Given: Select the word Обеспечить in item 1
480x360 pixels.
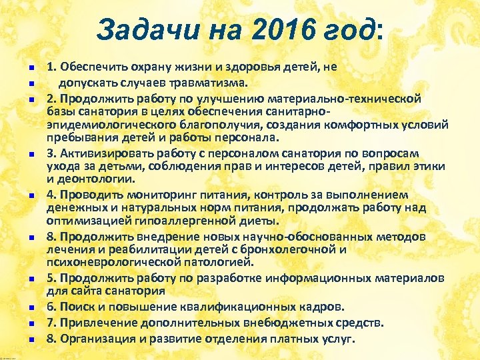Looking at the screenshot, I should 91,68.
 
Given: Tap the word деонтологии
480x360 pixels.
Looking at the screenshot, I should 93,179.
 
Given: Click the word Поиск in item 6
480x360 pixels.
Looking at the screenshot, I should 76,306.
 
